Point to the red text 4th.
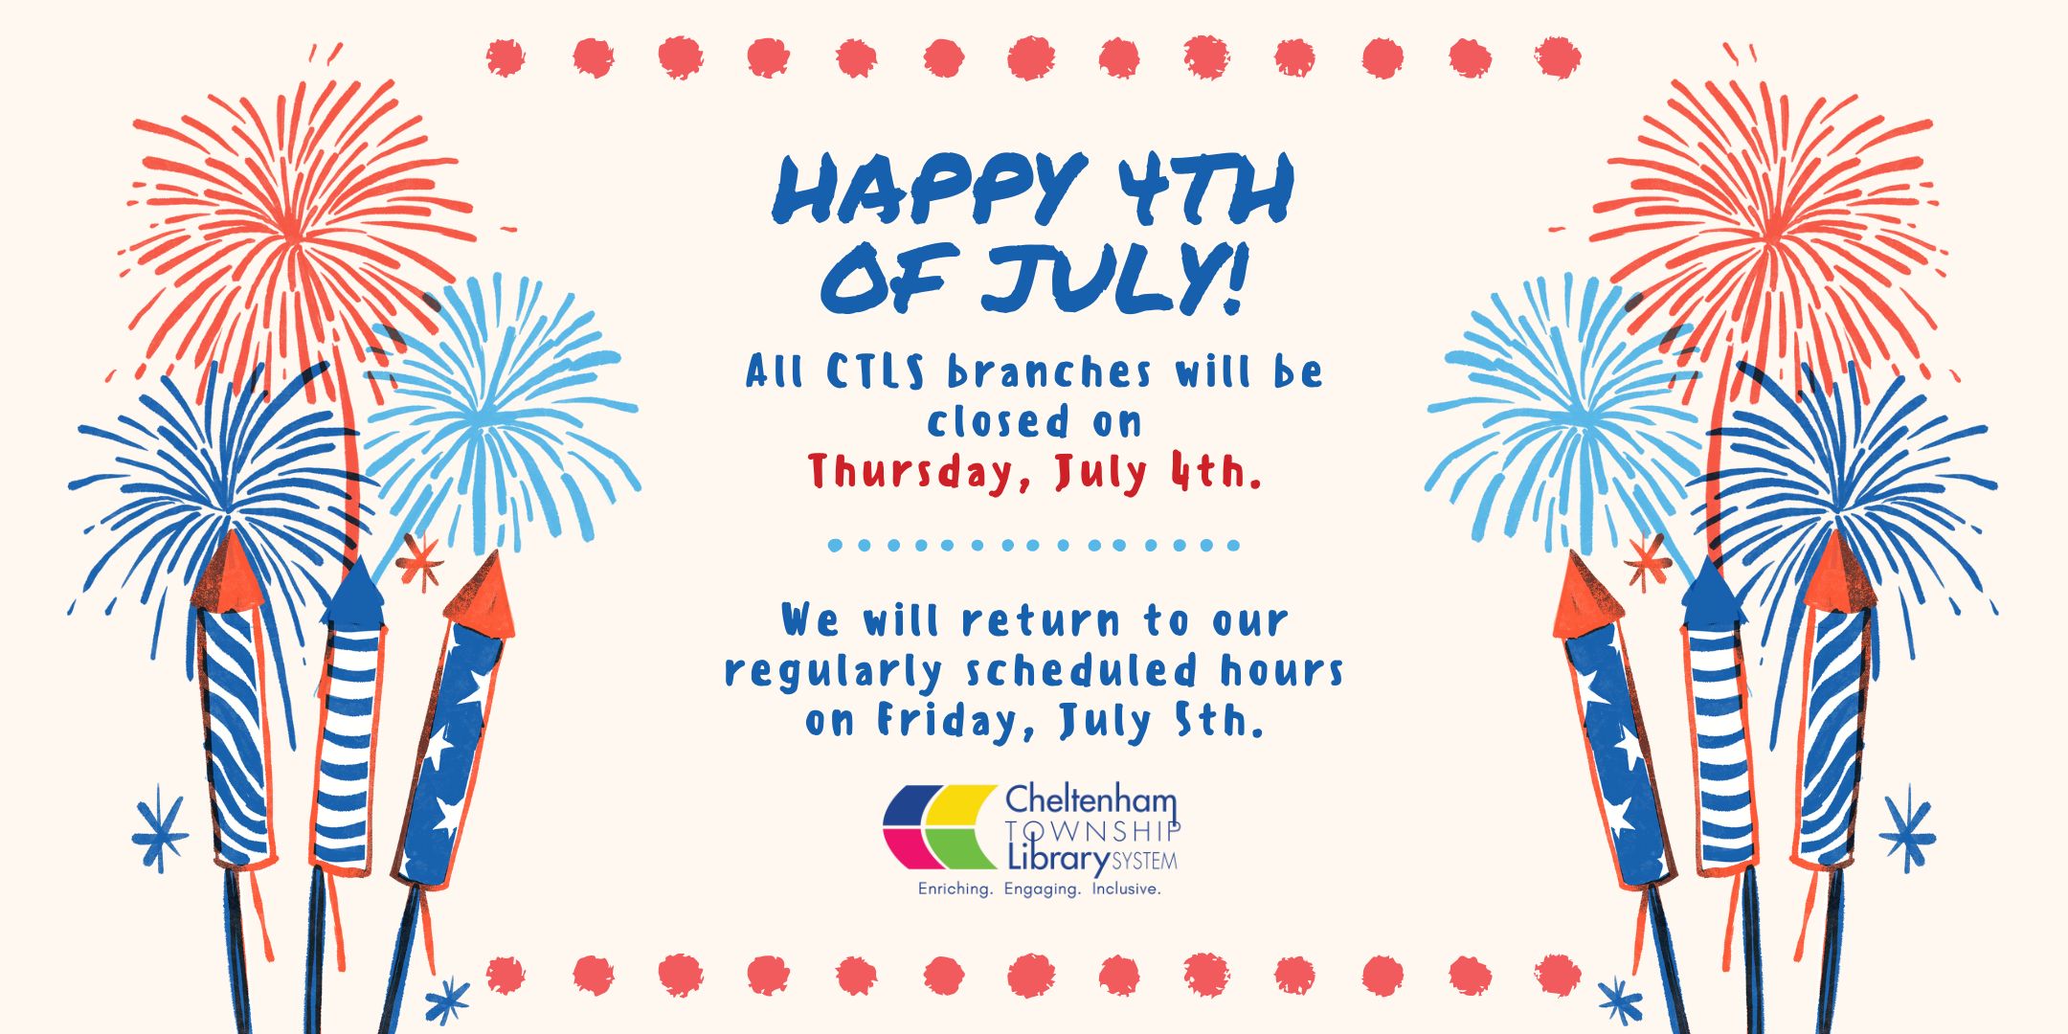[x=1213, y=471]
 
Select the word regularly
[x=833, y=672]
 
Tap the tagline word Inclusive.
[x=1126, y=889]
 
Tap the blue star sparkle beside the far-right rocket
[x=1907, y=830]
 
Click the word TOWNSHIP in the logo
[x=1092, y=830]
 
